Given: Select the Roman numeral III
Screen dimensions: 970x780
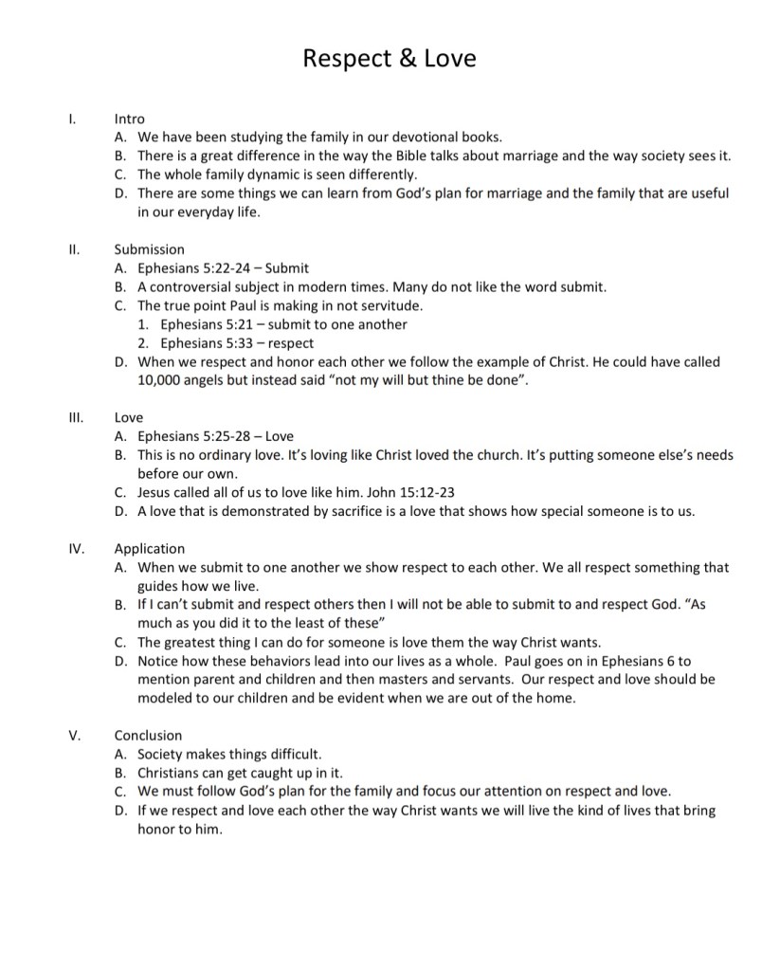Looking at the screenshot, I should [x=75, y=416].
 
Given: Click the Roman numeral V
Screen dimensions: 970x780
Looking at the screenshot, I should [x=74, y=735].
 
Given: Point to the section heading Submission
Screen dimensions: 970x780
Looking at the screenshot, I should [x=150, y=249].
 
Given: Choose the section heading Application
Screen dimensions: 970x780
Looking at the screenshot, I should [x=150, y=548].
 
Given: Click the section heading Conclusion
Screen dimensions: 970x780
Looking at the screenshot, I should [x=148, y=735].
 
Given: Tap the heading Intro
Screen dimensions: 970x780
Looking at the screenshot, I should [x=130, y=119].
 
